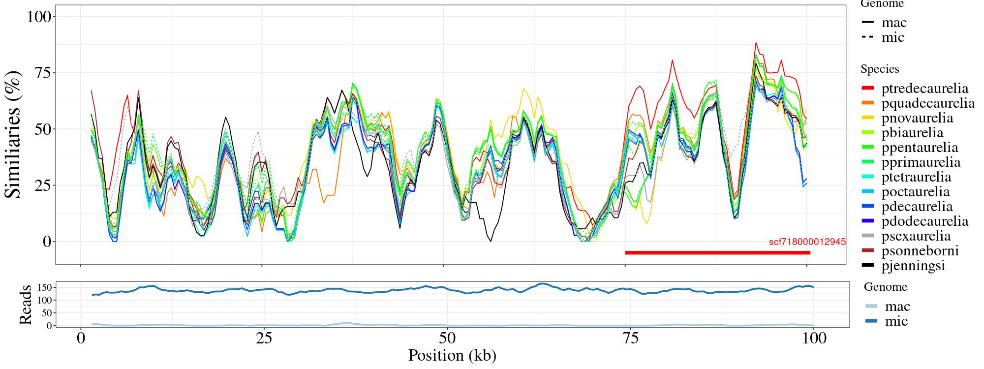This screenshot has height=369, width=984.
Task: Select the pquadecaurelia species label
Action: click(928, 103)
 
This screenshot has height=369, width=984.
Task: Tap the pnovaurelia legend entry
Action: click(917, 118)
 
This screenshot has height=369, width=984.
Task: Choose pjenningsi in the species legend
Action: click(913, 266)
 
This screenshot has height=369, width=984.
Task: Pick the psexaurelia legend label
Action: click(916, 236)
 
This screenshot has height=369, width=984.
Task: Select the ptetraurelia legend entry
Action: click(916, 177)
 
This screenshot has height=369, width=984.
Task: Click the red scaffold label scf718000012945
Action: click(807, 242)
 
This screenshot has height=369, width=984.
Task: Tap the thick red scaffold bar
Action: click(717, 253)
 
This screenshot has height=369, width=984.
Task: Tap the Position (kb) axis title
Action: click(452, 355)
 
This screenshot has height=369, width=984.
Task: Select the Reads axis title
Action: click(25, 305)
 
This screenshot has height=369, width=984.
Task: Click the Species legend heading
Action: click(880, 69)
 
